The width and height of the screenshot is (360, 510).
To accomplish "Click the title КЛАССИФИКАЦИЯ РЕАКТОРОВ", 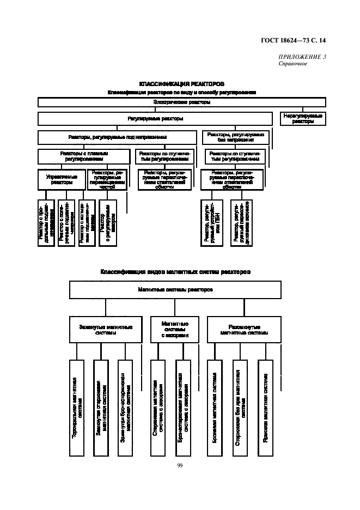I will tap(182, 84).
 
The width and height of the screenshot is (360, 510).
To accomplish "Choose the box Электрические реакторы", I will tap(182, 102).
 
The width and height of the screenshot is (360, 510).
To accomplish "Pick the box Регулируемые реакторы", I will tap(155, 118).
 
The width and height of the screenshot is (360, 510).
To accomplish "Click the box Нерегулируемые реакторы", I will tap(302, 119).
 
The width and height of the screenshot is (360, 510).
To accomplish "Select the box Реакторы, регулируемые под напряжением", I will tap(117, 137).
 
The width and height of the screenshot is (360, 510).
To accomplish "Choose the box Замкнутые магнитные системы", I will tap(106, 329).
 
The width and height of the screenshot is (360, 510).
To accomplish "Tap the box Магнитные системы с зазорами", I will tap(175, 329).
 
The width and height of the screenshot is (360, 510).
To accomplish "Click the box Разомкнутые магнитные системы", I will tap(244, 329).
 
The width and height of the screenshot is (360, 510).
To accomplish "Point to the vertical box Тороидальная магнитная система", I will tap(77, 408).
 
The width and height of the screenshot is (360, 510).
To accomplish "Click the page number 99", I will tap(180, 465).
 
